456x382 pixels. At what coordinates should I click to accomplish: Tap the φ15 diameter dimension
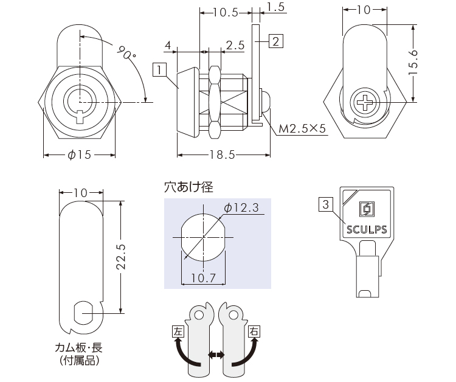tap(79, 155)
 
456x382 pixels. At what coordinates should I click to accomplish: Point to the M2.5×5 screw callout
tap(302, 129)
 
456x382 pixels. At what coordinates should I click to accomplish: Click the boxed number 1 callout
tap(160, 70)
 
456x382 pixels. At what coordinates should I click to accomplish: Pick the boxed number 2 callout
tap(275, 42)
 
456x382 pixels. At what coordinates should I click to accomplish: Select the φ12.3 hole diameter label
tap(242, 208)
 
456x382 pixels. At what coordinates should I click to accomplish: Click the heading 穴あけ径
tap(188, 187)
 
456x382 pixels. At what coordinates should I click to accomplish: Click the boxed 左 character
tap(178, 332)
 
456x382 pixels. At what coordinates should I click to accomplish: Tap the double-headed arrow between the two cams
tap(216, 354)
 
